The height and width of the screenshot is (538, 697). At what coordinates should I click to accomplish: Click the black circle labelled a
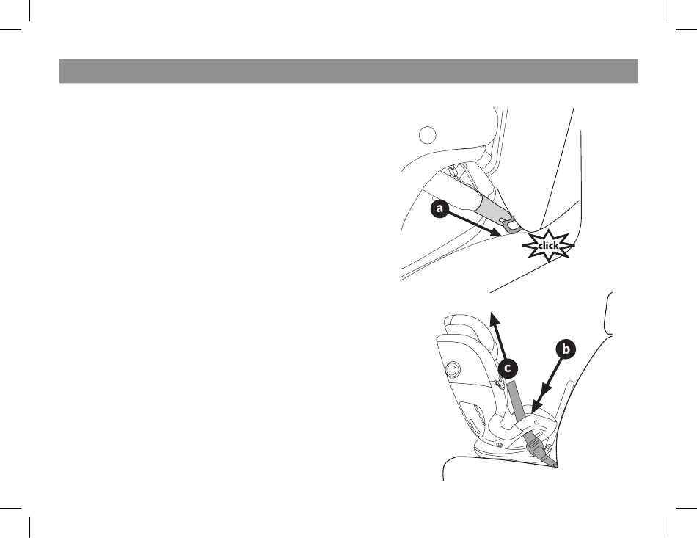coord(439,208)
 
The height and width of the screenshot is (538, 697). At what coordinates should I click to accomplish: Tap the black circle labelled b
coord(566,349)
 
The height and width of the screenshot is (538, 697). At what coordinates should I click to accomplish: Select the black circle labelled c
coord(508,368)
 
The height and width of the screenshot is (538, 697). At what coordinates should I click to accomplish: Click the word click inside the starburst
coord(548,246)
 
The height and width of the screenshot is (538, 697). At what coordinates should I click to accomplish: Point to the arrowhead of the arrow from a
coord(497,232)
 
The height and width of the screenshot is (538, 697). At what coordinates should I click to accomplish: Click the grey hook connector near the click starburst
coord(511,225)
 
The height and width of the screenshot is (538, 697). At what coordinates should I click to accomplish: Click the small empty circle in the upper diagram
coord(428,135)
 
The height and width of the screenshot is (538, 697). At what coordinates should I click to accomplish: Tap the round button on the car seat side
coord(453,369)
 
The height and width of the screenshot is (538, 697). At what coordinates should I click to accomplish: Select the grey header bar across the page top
coord(348,71)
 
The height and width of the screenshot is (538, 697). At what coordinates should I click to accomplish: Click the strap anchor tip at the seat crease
coord(554,464)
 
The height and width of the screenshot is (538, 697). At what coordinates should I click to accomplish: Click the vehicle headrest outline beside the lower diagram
coord(608,313)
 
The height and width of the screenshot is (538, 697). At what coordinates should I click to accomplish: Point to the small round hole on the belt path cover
coord(536,420)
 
